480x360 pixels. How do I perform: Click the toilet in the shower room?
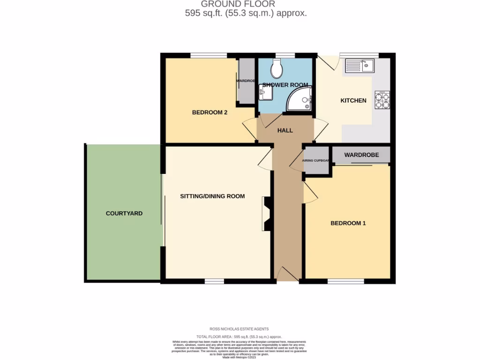pyautogui.click(x=277, y=69)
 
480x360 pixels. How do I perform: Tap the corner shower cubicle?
pyautogui.click(x=300, y=99)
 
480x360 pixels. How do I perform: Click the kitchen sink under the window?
pyautogui.click(x=360, y=65)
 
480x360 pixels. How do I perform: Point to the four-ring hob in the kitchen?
pyautogui.click(x=382, y=100)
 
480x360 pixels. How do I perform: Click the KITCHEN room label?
pyautogui.click(x=353, y=100)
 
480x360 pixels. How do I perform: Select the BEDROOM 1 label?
pyautogui.click(x=348, y=223)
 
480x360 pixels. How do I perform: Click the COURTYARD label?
pyautogui.click(x=124, y=213)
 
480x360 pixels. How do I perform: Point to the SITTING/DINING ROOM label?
pyautogui.click(x=212, y=196)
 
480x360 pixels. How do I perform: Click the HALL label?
pyautogui.click(x=285, y=130)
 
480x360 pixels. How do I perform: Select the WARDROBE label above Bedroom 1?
pyautogui.click(x=361, y=155)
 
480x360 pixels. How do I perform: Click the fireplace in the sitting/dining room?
pyautogui.click(x=268, y=213)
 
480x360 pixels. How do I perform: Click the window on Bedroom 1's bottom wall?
pyautogui.click(x=346, y=281)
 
